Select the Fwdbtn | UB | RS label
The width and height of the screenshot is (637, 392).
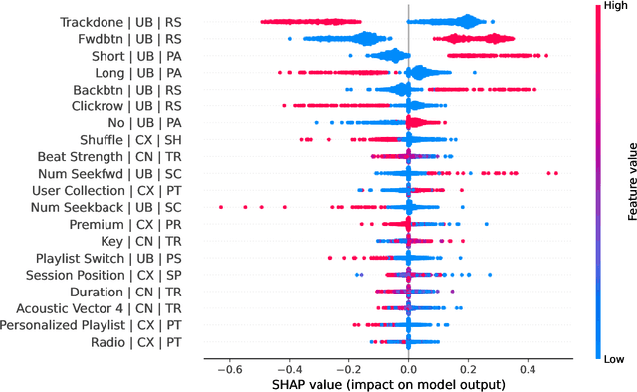[132, 38]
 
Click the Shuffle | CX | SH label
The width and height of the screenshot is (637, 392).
[131, 139]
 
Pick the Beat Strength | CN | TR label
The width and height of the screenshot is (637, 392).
[109, 156]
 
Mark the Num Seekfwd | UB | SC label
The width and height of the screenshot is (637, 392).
[113, 173]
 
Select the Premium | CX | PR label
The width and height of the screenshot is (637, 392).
[129, 224]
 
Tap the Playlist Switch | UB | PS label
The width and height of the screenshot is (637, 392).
[111, 258]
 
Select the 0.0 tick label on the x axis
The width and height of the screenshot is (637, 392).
[408, 366]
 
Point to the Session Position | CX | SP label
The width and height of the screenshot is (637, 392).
[105, 275]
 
